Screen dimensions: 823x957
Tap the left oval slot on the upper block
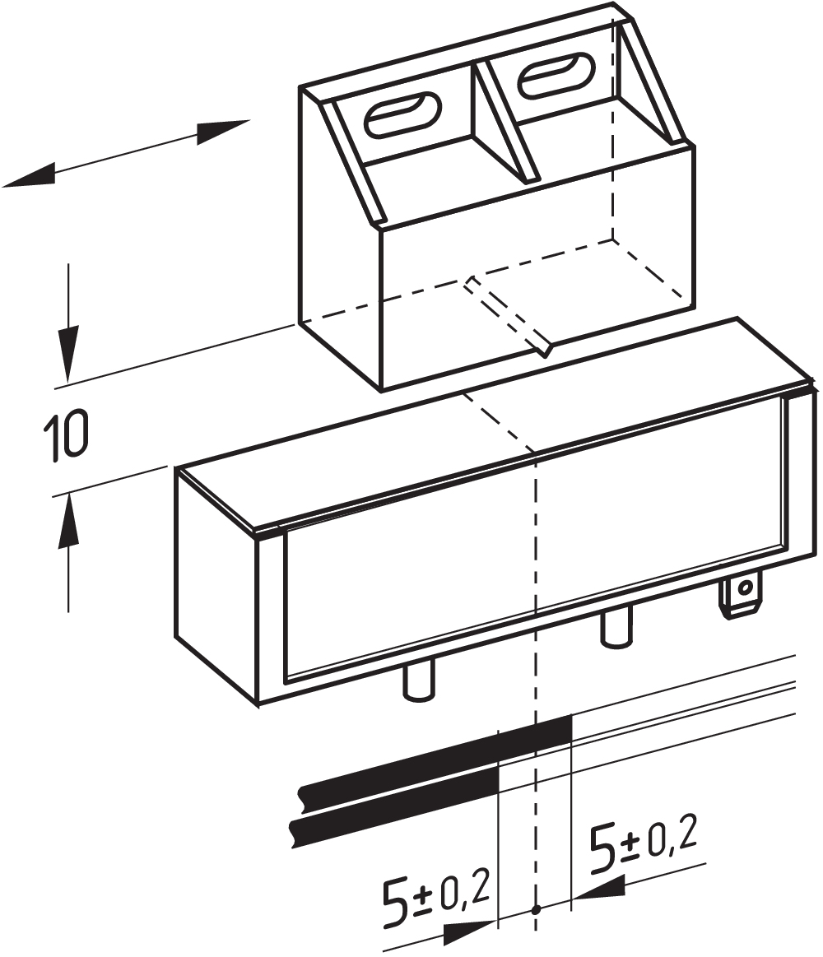402,114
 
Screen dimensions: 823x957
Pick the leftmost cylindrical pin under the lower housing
420,681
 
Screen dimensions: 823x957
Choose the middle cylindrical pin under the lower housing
616,629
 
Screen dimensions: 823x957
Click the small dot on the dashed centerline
536,908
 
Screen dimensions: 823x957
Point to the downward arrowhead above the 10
68,353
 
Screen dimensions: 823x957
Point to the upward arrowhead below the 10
68,518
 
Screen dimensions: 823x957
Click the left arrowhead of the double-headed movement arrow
30,175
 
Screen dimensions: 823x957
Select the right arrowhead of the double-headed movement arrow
224,132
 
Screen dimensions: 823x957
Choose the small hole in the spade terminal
744,588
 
